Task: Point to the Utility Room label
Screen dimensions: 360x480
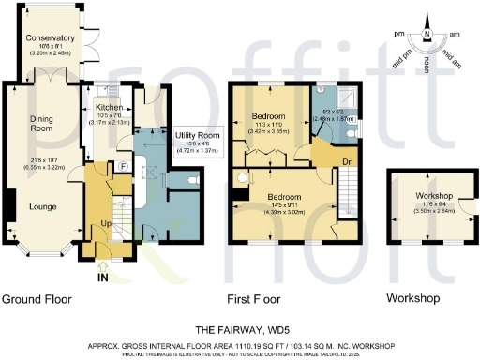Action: pos(196,137)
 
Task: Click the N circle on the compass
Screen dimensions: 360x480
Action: pos(427,34)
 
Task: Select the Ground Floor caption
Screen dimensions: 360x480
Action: pos(37,298)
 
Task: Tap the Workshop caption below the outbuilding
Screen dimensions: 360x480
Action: pos(413,298)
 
